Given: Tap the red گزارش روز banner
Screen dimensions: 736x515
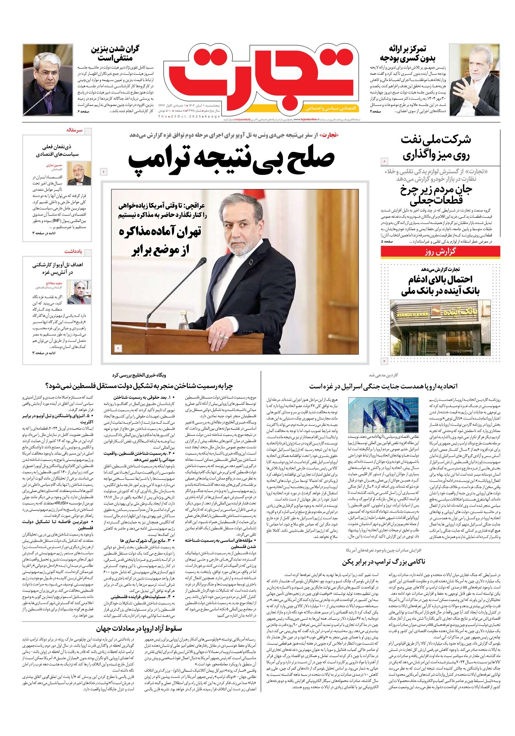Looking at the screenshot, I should (x=440, y=252).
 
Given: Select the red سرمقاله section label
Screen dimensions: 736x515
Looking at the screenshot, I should (x=74, y=130).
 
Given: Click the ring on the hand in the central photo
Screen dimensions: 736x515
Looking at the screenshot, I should (x=223, y=336).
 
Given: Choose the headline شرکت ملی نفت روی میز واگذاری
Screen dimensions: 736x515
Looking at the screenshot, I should (x=436, y=148).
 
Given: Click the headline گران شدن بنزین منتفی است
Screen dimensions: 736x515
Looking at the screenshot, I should (x=114, y=54).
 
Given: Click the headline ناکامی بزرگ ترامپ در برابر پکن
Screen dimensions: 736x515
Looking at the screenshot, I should (x=384, y=562).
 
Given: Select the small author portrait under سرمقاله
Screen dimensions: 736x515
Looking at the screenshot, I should (x=79, y=174).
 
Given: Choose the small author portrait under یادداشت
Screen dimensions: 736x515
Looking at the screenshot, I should (x=79, y=292).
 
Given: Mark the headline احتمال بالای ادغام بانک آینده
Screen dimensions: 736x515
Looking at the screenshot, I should (x=440, y=285).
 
